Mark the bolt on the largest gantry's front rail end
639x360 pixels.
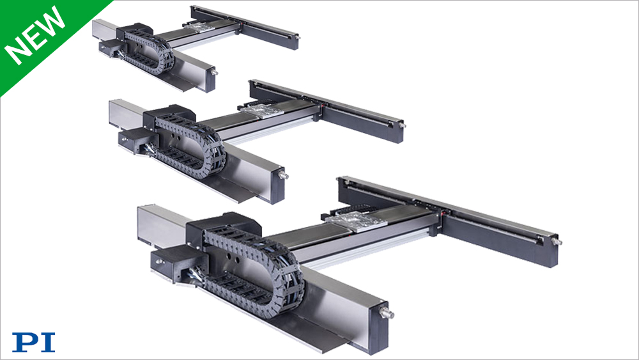(387, 314)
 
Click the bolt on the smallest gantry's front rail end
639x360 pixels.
(213, 72)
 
